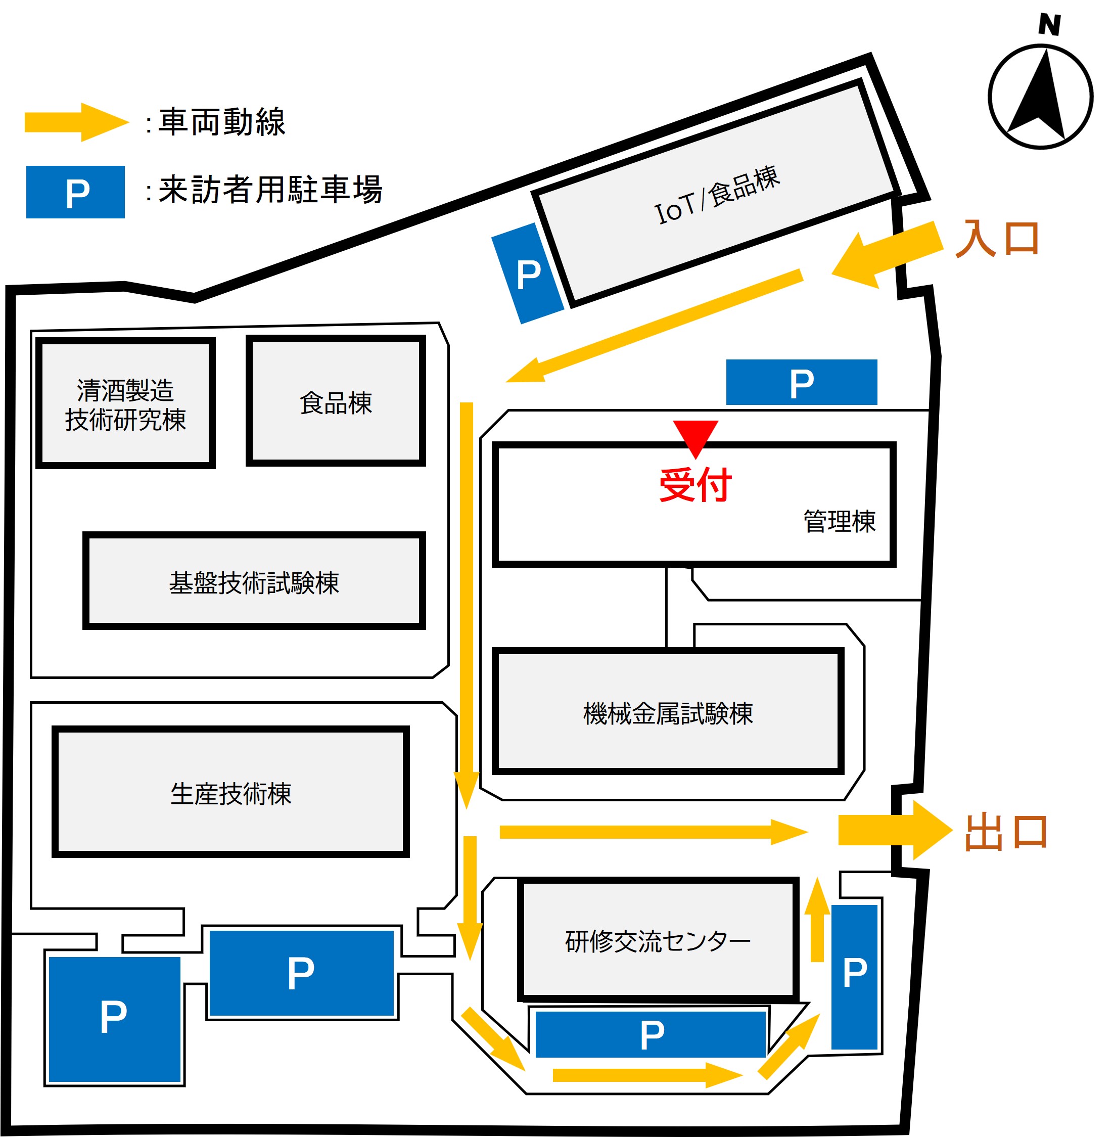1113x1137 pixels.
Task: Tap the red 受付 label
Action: (x=695, y=485)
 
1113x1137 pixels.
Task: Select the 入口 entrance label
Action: (x=997, y=238)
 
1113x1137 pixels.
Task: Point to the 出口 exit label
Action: (x=1006, y=831)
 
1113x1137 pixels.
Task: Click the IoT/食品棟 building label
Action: (x=717, y=195)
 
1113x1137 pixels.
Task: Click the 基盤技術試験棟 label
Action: (x=254, y=582)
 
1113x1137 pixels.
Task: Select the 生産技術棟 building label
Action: (x=230, y=793)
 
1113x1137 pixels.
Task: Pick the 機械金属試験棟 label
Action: (x=668, y=713)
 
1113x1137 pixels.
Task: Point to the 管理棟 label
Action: (x=839, y=521)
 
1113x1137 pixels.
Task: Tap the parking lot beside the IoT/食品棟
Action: (x=528, y=274)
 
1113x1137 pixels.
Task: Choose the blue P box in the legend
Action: (x=75, y=192)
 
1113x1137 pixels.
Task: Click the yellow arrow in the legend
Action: (x=76, y=122)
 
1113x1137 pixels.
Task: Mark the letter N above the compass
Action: (x=1049, y=25)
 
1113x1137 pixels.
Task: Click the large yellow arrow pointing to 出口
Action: (x=894, y=830)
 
